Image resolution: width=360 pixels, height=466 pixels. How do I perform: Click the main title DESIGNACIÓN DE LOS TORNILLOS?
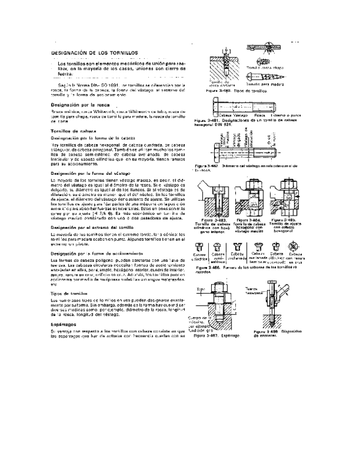click(x=95, y=52)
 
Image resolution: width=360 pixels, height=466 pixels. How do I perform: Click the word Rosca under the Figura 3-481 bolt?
click(x=260, y=114)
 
